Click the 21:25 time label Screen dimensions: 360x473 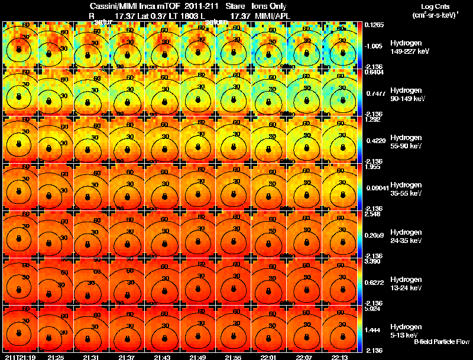pos(56,356)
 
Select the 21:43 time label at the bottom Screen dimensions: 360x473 pos(162,356)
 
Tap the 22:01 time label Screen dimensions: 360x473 pos(268,356)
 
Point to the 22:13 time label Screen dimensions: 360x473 pos(339,356)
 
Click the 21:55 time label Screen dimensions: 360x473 pos(233,356)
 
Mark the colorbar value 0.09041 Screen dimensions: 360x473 pos(375,189)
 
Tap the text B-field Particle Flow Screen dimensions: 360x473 pos(442,342)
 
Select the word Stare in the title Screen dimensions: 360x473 pos(235,5)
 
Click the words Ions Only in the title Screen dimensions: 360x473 pos(271,5)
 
